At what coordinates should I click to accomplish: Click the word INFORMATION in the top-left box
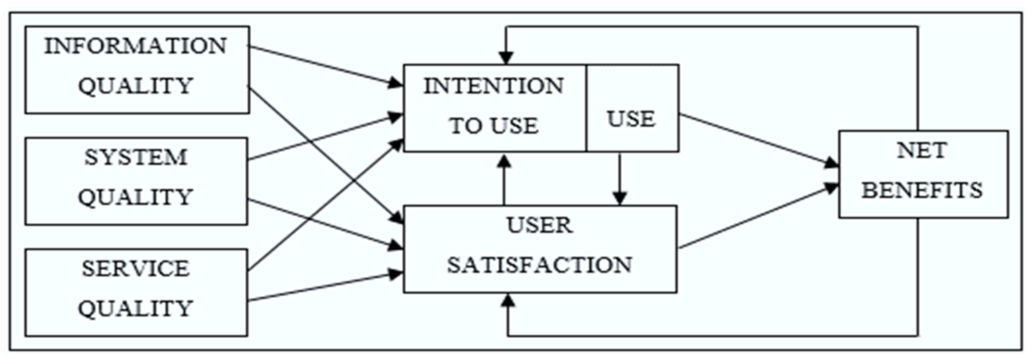pos(136,46)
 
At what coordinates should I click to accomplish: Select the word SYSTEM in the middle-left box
pos(136,157)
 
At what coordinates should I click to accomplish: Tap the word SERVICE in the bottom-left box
pos(136,268)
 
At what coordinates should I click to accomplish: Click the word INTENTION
pos(494,86)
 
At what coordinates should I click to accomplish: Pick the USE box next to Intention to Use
pos(631,119)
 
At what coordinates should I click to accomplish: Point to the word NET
pos(922,151)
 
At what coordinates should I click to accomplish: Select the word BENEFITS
pos(922,190)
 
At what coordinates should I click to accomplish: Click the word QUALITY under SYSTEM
pos(136,197)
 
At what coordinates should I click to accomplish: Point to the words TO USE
pos(494,125)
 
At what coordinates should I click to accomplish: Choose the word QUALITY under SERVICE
pos(136,308)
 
